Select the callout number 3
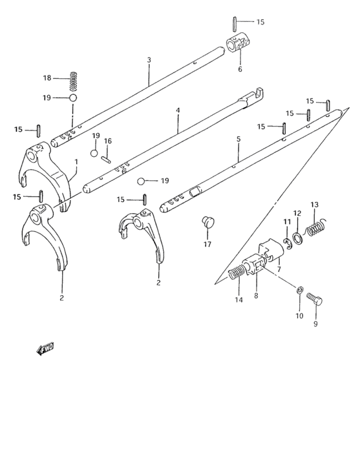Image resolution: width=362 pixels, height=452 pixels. tap(149, 60)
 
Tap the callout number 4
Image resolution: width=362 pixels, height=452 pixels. tap(177, 110)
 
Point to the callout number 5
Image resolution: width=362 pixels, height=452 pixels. tap(238, 139)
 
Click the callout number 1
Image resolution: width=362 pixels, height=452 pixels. tap(76, 161)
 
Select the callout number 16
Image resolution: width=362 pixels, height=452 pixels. tap(108, 141)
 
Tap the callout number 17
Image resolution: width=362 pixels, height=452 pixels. tap(207, 244)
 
